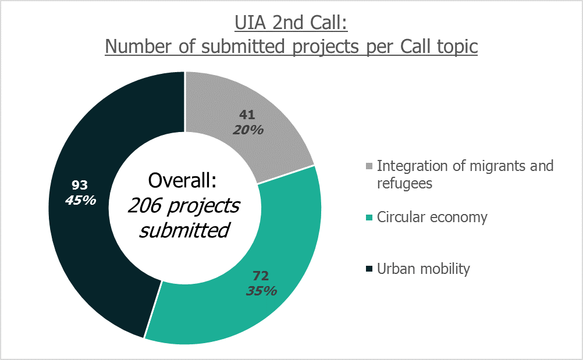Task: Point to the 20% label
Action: click(x=248, y=130)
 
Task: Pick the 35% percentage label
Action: click(x=261, y=290)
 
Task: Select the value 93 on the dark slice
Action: click(x=80, y=185)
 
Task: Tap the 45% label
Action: click(x=80, y=200)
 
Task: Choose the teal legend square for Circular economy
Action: click(x=369, y=219)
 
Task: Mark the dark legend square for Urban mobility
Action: click(x=369, y=270)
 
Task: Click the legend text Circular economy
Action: click(x=432, y=218)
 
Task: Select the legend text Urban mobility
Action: click(x=423, y=269)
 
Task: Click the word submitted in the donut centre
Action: click(x=184, y=230)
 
